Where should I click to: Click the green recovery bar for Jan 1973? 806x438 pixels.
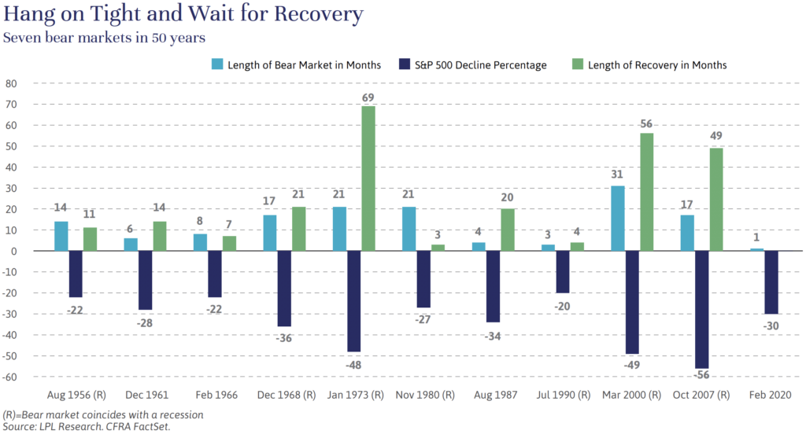[x=368, y=179]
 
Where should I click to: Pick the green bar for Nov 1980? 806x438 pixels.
[x=437, y=248]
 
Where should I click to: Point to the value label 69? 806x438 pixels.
[x=368, y=98]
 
